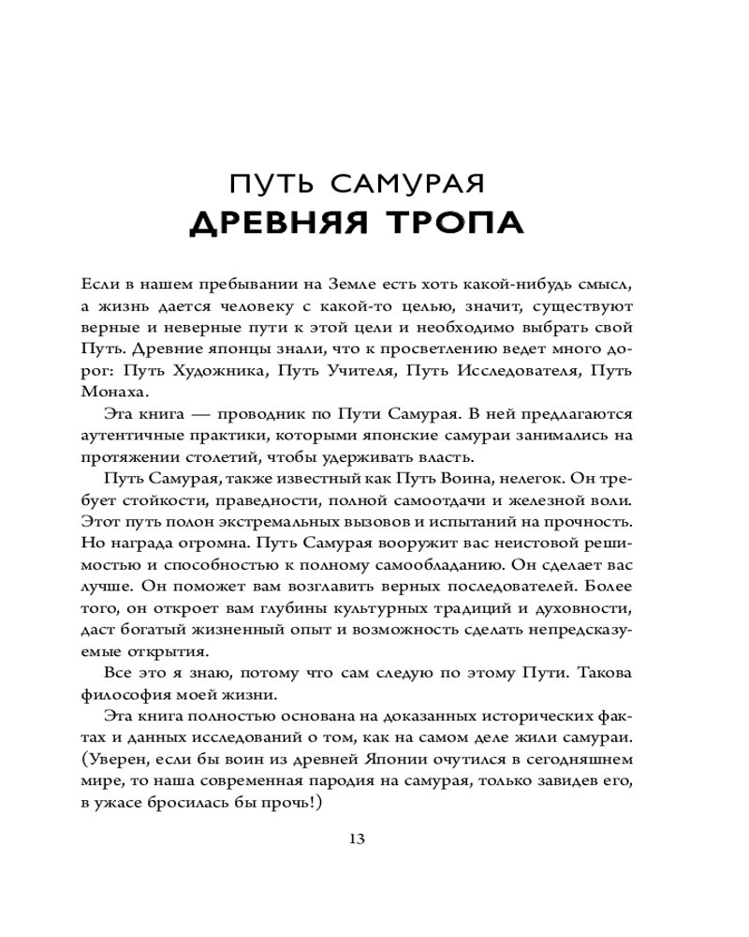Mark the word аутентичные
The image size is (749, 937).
(130, 437)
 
